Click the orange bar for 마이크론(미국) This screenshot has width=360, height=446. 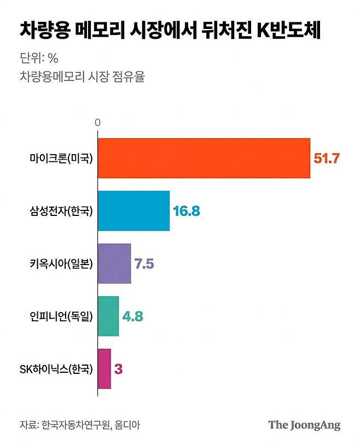[x=204, y=159]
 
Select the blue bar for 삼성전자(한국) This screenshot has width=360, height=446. [x=133, y=211]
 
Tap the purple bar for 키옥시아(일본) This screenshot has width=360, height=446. [x=114, y=263]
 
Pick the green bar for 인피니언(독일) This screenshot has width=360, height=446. [x=108, y=316]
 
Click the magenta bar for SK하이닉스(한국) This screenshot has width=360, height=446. [x=104, y=368]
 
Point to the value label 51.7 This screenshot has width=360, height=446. [x=327, y=159]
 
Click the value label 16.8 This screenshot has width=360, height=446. [x=187, y=211]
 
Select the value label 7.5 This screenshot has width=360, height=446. [x=144, y=263]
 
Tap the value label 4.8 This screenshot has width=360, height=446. [x=133, y=316]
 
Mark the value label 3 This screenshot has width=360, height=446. [x=118, y=369]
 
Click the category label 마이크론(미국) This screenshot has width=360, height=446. [x=61, y=158]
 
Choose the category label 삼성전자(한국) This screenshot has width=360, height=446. [x=61, y=211]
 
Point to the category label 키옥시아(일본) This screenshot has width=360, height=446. [x=61, y=263]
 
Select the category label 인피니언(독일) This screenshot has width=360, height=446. [x=61, y=316]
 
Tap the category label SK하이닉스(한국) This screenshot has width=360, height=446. [x=56, y=369]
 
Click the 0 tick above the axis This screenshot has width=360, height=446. [x=98, y=122]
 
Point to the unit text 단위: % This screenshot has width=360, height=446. [x=39, y=58]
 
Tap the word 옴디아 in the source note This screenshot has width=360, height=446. [x=127, y=425]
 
